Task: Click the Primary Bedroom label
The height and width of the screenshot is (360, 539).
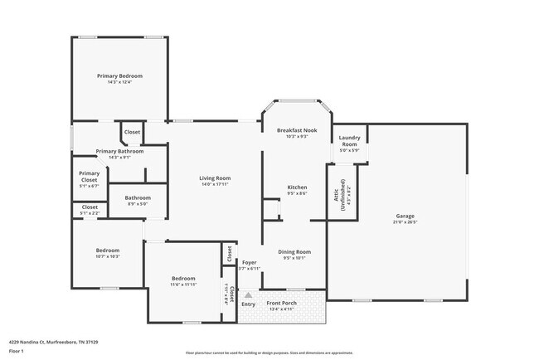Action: click(x=119, y=76)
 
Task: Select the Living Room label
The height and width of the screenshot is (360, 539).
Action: click(x=215, y=178)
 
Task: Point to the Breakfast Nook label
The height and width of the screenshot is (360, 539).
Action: click(x=297, y=131)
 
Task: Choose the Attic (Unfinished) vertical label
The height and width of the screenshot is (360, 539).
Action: click(x=342, y=193)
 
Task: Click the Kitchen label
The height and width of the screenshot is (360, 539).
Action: click(x=297, y=187)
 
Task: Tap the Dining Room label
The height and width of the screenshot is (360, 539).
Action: click(x=294, y=252)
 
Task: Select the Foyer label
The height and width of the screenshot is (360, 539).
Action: click(x=249, y=264)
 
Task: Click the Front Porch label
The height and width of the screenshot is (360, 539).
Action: click(x=282, y=304)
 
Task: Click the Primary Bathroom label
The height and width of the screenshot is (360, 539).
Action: click(x=119, y=152)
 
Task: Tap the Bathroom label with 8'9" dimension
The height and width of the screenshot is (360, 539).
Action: click(x=138, y=197)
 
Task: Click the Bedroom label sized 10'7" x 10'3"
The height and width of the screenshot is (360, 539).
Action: click(x=107, y=251)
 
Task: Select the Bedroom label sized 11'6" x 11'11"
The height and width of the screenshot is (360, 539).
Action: click(x=183, y=279)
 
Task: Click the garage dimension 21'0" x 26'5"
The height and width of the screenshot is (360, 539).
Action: click(x=405, y=222)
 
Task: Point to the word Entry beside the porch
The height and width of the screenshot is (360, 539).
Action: click(x=248, y=304)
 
